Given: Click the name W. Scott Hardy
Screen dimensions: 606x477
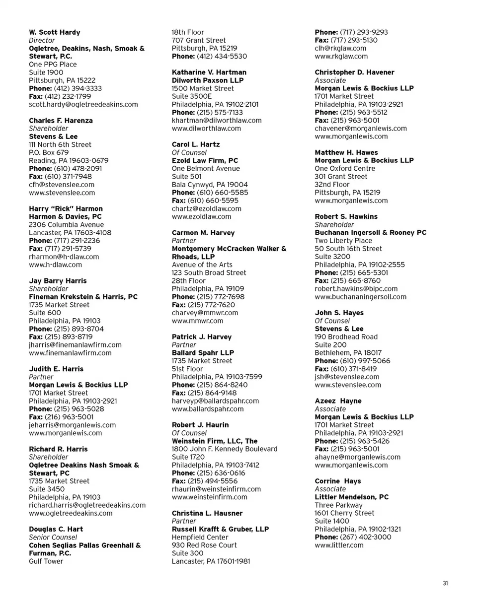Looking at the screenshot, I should coord(54,32).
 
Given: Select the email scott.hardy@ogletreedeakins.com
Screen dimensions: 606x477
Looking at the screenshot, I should coord(83,104).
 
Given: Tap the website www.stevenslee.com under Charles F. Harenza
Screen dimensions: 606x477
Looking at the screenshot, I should coord(62,193).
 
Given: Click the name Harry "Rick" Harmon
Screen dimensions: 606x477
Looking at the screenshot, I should coord(66,208).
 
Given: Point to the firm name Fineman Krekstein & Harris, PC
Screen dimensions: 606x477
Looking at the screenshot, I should coord(83,297).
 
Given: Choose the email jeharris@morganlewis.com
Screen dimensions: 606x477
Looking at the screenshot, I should coord(73,425).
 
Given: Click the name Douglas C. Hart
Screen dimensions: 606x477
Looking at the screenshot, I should coord(56,529).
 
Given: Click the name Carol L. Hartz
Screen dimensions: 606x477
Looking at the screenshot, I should coord(195,144).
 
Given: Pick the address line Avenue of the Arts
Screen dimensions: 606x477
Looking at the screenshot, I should coord(202,265).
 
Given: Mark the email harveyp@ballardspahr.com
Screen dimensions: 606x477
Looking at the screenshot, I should coord(215,401).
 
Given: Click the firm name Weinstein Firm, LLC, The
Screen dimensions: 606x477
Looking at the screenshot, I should coord(215,441).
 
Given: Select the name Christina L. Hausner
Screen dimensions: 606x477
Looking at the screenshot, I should coord(207,513).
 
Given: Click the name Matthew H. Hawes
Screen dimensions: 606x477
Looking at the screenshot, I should coord(346,152).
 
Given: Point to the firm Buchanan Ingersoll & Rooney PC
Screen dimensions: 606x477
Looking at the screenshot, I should coord(371,232).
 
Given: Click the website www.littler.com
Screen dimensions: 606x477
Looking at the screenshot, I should coord(339,545).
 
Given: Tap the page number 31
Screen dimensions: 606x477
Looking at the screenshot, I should coord(445,583).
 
